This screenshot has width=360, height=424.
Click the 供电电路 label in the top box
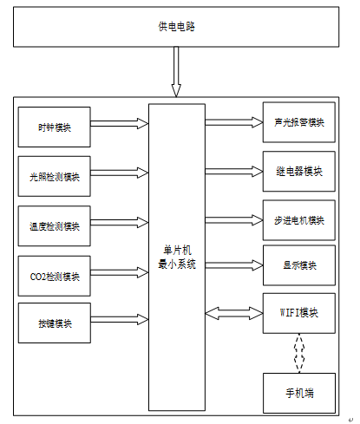[176, 27]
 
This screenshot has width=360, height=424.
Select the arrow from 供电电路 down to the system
[176, 72]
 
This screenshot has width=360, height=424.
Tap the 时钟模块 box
[55, 127]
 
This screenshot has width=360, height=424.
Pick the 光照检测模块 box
[55, 176]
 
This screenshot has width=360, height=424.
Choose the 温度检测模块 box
[55, 226]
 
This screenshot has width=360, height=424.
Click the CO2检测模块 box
[55, 276]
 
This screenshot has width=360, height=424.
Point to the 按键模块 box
[55, 323]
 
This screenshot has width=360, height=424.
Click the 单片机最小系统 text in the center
[177, 257]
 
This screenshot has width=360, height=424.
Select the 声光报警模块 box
[299, 122]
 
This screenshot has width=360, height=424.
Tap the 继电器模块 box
[299, 172]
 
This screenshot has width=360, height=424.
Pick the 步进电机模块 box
[299, 220]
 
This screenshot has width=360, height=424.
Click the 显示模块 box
[299, 265]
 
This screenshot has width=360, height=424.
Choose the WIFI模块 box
[299, 313]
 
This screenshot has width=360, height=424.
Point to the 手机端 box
[299, 393]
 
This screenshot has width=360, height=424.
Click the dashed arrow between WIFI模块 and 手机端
[299, 353]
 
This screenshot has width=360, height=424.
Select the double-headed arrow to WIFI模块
[234, 313]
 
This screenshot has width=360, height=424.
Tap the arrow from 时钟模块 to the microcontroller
[120, 123]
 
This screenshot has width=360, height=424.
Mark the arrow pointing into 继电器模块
[234, 172]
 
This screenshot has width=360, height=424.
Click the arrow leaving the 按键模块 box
[120, 319]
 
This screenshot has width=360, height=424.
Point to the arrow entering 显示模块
[234, 265]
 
